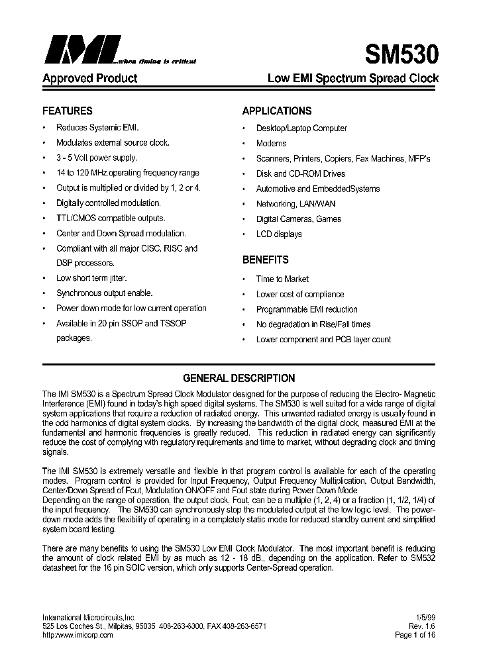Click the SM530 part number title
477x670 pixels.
point(401,53)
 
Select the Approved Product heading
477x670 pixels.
point(89,78)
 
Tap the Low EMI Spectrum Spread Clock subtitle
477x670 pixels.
point(352,78)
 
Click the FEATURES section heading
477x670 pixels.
point(68,111)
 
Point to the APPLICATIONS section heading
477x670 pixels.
point(276,111)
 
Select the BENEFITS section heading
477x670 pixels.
point(265,260)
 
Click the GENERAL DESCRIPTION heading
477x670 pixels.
point(238,379)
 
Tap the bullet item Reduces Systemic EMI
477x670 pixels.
point(97,128)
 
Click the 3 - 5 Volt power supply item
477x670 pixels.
point(97,158)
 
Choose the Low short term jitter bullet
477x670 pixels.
point(91,278)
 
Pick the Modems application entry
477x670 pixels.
point(271,143)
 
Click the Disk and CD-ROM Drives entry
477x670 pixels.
point(300,173)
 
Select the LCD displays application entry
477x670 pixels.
point(279,234)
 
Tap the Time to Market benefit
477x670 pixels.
point(282,279)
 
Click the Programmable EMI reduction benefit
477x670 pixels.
point(307,309)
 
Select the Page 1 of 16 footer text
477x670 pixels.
point(416,635)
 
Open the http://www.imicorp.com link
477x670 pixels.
point(78,635)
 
